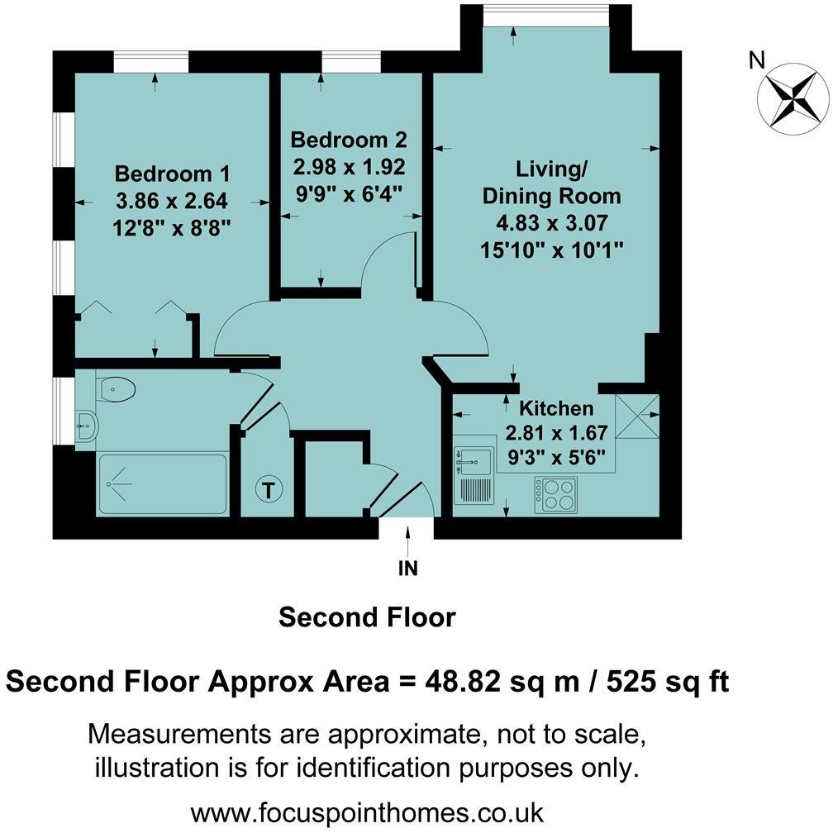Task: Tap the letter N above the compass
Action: (x=755, y=59)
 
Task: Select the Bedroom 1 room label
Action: (x=172, y=174)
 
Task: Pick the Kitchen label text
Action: (x=555, y=408)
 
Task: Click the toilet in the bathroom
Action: (x=117, y=388)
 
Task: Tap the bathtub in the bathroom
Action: (x=163, y=484)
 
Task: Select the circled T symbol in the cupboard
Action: (x=268, y=489)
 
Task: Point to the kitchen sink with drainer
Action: (x=474, y=474)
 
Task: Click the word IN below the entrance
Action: (x=407, y=569)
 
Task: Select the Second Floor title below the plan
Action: (x=367, y=617)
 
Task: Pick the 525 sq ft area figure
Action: (x=669, y=683)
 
